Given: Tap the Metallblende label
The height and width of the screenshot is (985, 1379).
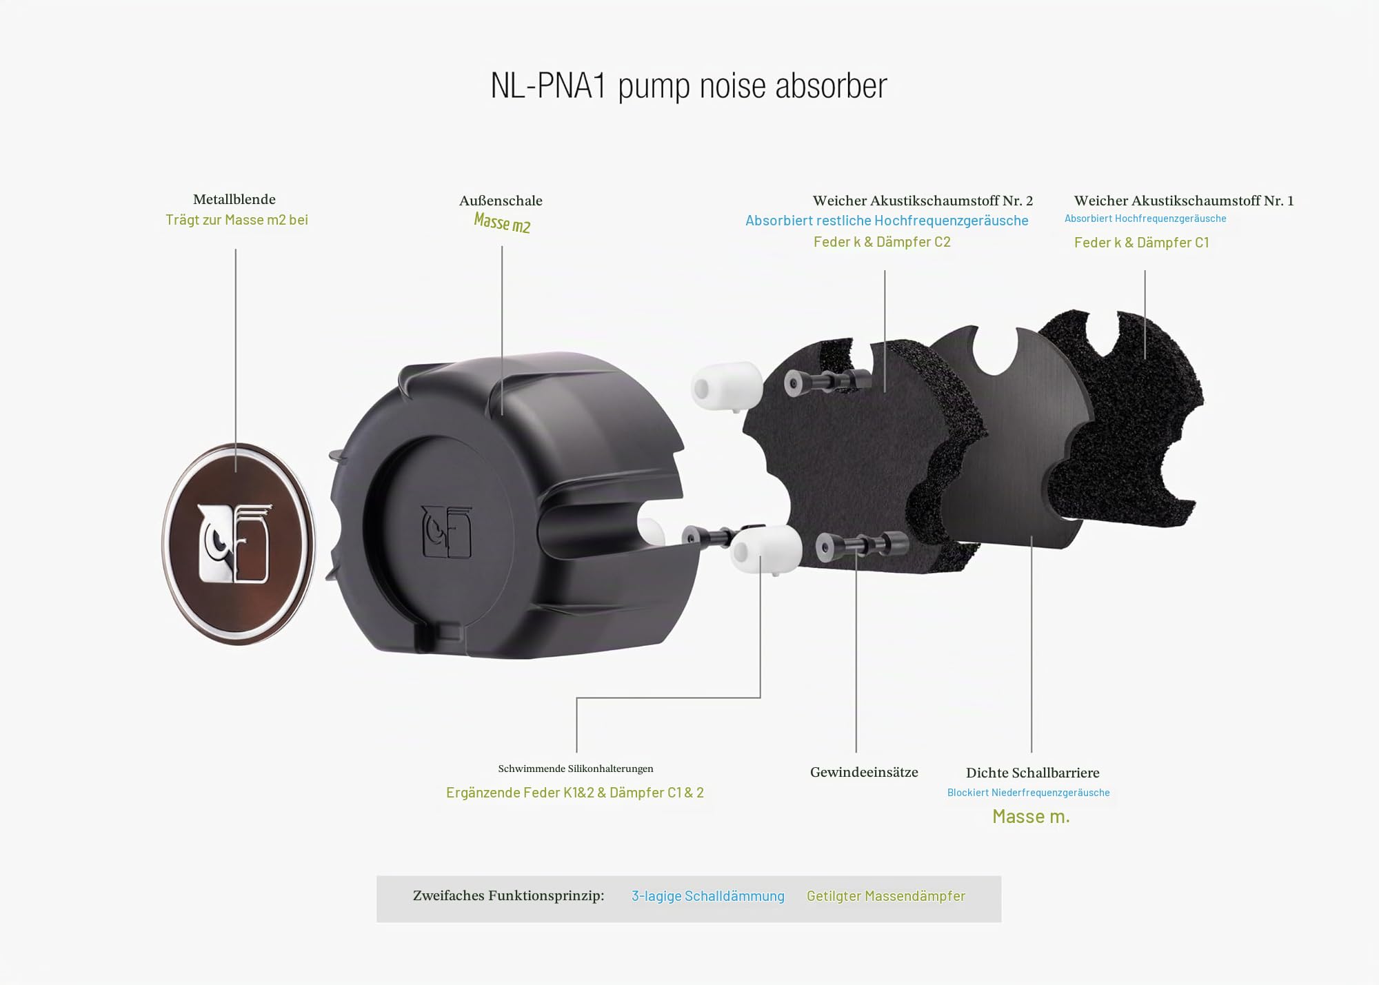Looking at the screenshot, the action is pos(234,199).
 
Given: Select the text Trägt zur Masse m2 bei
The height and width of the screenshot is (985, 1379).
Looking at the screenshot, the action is pos(236,220).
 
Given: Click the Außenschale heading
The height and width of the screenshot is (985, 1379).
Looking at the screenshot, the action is pos(501,201).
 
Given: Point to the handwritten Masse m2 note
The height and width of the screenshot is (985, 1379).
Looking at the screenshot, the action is pos(502,223).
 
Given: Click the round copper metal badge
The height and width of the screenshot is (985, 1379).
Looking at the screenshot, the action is pos(238,544).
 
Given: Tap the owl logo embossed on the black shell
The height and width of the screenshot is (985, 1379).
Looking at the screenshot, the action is pos(447,531).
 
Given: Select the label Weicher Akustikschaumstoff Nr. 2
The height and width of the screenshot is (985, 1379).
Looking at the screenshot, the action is pos(923,201).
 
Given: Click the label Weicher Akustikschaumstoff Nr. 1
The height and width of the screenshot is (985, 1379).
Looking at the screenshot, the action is pos(1184,201).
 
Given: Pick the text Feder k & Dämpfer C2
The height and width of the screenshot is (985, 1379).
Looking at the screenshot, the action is pos(882,242).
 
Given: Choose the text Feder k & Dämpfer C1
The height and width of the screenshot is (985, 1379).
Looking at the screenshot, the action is pos(1142,243).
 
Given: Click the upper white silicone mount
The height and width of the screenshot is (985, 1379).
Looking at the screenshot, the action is pos(727,387).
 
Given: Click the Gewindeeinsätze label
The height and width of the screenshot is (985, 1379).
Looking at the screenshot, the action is pos(864,773).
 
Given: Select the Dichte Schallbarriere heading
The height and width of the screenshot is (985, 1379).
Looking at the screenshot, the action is pos(1032,773).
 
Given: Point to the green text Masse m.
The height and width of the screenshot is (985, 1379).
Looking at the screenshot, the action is pos(1031,817).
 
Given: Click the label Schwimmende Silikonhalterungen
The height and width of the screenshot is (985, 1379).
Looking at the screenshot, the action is pos(576,769).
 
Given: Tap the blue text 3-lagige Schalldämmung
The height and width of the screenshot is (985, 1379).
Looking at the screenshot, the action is pos(708,896).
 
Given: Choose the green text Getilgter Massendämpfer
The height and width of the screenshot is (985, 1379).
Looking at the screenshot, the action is pos(886,896).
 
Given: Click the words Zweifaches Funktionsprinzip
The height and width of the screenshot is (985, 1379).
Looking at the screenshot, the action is pos(508,896).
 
